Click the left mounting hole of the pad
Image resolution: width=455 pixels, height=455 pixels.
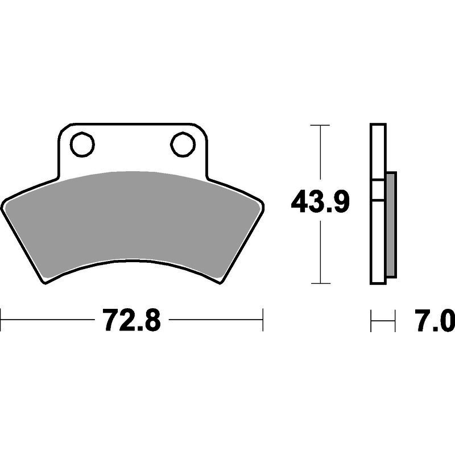[82, 144]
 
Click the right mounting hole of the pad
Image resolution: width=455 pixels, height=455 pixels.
[183, 144]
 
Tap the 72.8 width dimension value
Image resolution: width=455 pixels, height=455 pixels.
[131, 320]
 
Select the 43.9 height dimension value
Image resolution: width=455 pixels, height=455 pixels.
[320, 201]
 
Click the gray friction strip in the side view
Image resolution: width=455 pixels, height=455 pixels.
[391, 225]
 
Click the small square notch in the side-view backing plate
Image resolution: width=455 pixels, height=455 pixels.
[378, 189]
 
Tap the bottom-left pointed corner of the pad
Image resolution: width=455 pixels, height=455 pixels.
[45, 283]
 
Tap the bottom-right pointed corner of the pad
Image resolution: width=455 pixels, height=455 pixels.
[221, 283]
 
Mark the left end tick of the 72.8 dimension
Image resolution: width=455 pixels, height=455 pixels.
[1, 320]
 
